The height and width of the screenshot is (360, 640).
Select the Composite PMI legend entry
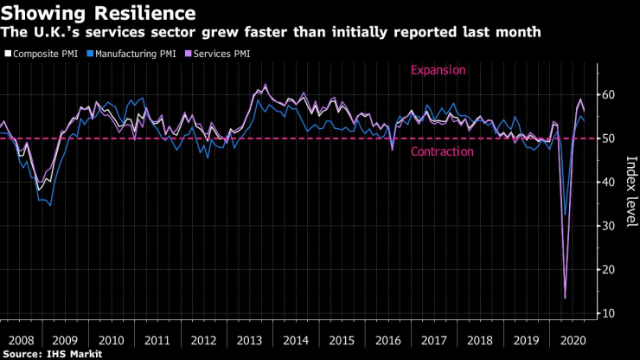click(x=43, y=54)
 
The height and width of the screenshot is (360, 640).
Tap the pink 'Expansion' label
click(x=438, y=71)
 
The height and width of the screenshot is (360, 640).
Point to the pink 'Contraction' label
click(x=441, y=151)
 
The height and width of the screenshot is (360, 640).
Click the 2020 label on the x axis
click(x=573, y=339)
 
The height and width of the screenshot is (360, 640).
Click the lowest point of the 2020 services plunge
click(x=566, y=299)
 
